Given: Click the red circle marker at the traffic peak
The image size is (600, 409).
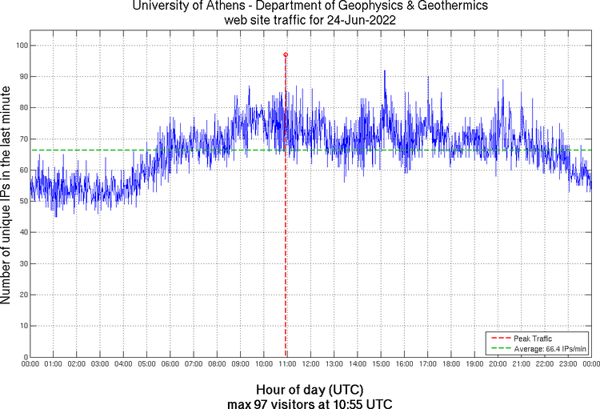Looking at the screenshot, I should tap(286, 54).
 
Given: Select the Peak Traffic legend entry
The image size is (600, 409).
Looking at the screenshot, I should tap(532, 338).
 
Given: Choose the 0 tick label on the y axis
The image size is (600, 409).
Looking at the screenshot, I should tap(26, 357).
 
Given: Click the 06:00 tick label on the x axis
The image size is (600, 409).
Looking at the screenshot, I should tap(170, 364).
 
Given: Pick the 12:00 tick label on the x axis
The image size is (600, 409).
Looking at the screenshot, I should tap(310, 364).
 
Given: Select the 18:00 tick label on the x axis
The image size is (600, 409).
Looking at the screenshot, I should tap(451, 364).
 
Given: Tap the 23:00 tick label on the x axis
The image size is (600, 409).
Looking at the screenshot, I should tap(568, 364).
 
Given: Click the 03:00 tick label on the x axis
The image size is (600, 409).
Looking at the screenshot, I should tap(100, 364).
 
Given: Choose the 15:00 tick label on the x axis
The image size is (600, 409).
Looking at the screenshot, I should tap(381, 364).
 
